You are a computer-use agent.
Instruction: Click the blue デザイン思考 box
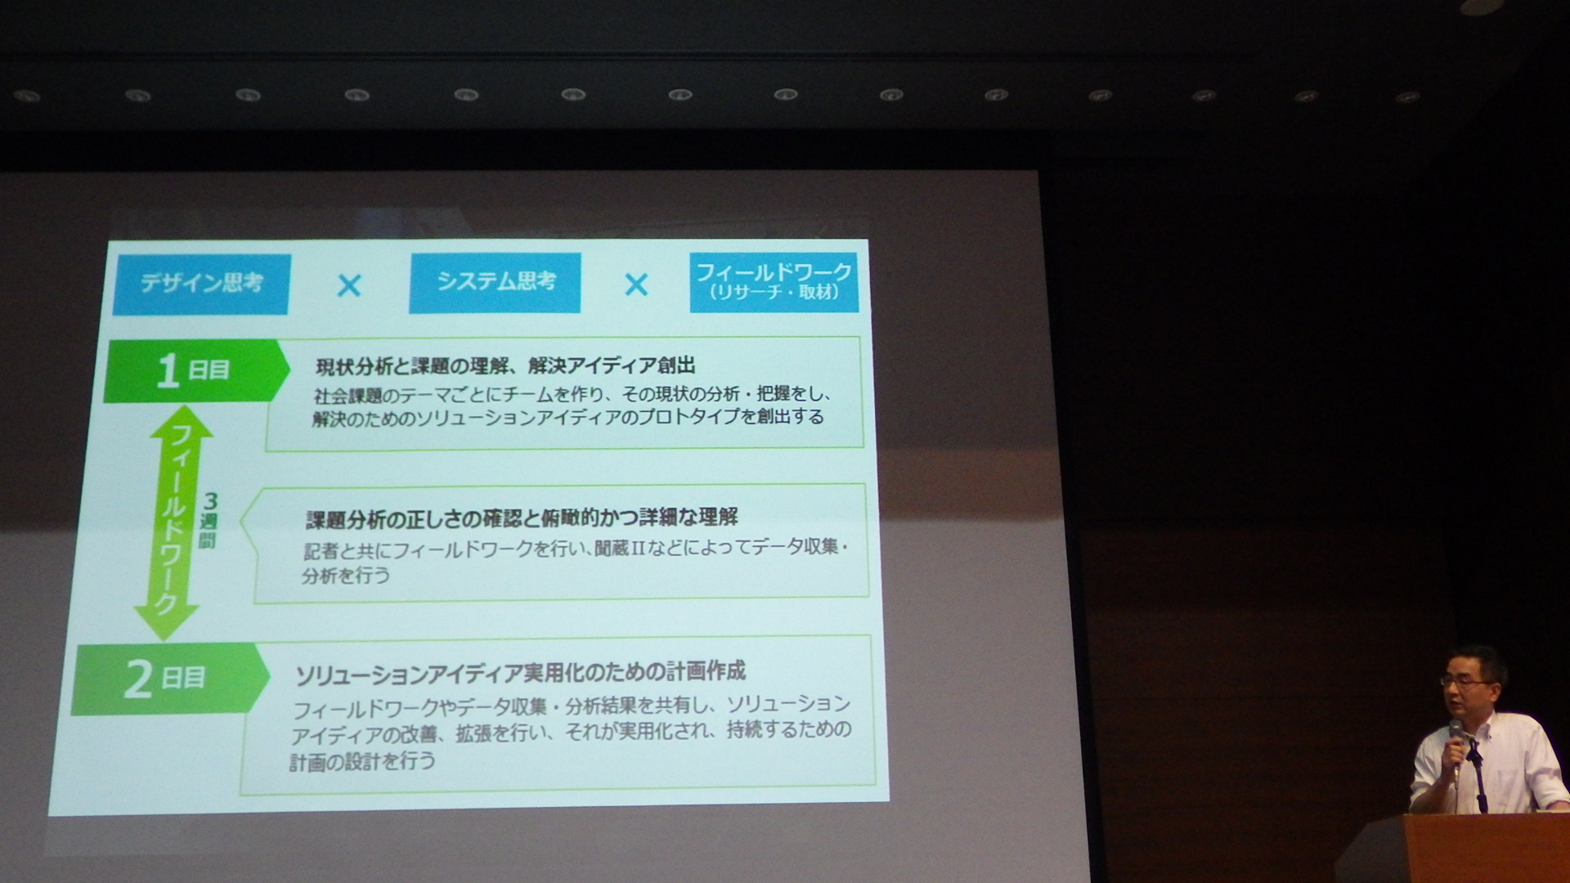(x=201, y=284)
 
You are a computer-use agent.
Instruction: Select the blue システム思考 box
(x=495, y=283)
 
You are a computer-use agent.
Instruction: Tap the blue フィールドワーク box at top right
(x=774, y=282)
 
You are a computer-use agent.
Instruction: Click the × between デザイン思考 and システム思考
(x=349, y=285)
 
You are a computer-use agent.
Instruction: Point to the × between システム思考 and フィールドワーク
(x=636, y=285)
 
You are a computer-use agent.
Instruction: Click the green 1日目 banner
(x=196, y=370)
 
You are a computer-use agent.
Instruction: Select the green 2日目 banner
(x=170, y=679)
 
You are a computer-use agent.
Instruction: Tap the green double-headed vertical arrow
(x=173, y=523)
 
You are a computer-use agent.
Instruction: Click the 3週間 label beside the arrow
(x=209, y=521)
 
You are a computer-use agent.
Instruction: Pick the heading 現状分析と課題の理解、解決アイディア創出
(x=505, y=365)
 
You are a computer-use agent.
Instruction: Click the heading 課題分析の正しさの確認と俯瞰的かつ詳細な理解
(x=522, y=518)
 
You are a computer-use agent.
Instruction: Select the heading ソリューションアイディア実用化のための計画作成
(x=520, y=673)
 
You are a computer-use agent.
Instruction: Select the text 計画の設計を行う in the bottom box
(x=363, y=762)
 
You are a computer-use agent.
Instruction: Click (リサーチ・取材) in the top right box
(x=774, y=293)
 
